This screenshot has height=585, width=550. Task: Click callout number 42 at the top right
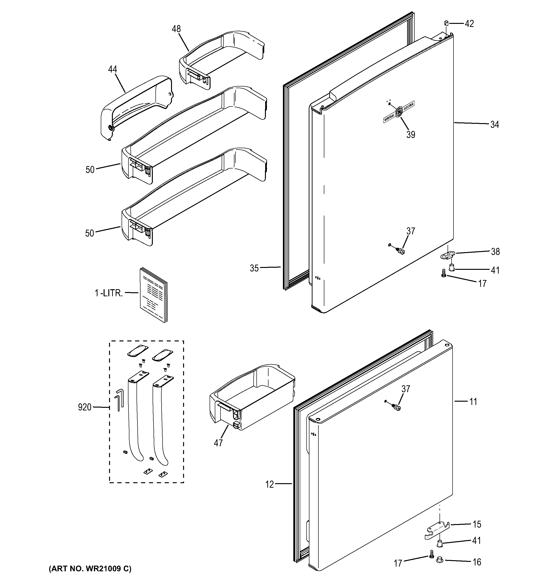[469, 24]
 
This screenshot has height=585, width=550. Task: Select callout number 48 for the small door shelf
[176, 29]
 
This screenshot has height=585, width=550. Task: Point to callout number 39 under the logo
[411, 134]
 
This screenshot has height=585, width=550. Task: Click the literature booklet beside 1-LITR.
[153, 294]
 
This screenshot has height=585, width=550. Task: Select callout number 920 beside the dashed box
[84, 407]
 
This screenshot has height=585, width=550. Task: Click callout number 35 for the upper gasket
[254, 268]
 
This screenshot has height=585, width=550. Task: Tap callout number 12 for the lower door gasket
[269, 484]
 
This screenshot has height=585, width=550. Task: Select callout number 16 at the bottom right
[477, 562]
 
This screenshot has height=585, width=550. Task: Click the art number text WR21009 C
[90, 568]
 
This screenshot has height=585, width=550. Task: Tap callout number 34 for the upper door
[495, 125]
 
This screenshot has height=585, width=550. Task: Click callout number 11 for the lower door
[473, 402]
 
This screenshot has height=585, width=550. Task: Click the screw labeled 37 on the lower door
[396, 408]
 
